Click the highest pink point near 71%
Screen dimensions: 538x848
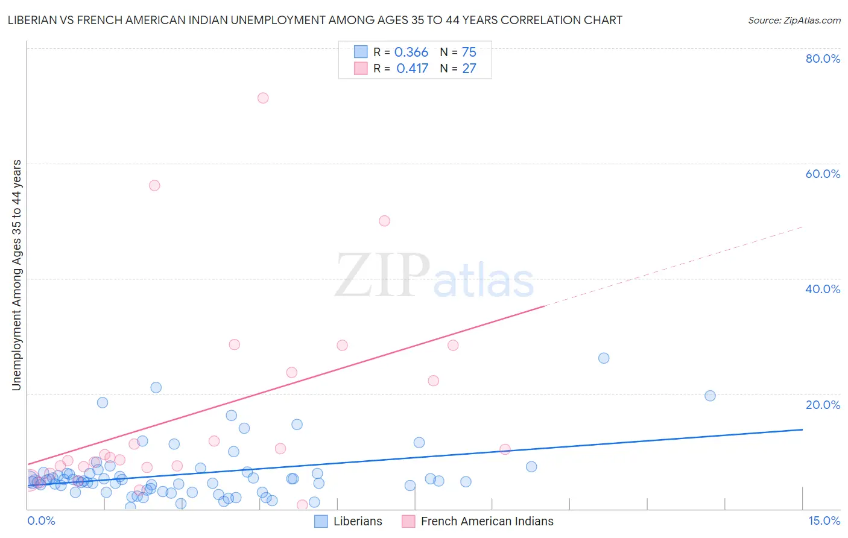[263, 98]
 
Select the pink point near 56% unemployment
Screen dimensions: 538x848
[154, 185]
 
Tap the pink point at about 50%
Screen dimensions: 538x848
[384, 221]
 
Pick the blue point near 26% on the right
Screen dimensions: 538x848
[604, 358]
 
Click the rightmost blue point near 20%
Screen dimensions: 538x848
[710, 396]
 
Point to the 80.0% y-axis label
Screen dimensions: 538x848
[823, 59]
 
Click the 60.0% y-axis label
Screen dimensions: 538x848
[823, 174]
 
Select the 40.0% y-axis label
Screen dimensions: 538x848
[823, 289]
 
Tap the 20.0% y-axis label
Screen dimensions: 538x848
[823, 404]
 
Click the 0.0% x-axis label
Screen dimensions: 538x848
[41, 521]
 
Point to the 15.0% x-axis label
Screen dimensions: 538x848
[824, 521]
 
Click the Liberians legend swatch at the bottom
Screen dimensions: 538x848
[321, 521]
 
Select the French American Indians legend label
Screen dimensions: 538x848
[487, 521]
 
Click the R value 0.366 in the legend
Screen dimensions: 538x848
[411, 52]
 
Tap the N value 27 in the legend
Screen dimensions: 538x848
[469, 68]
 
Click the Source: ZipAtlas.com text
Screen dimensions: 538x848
[794, 20]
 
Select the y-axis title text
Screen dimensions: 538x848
[16, 274]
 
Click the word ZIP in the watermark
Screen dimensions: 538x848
[382, 276]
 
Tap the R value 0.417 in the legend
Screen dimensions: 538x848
[412, 68]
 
